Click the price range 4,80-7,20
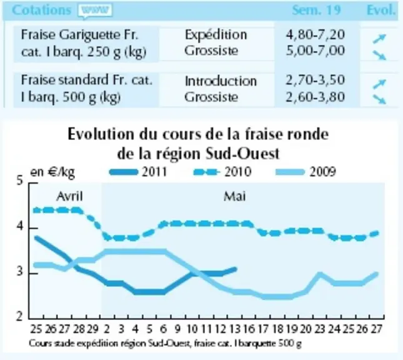coord(316,35)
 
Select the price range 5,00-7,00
coord(316,51)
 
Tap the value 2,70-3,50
coord(316,80)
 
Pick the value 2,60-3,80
coord(316,97)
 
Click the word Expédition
coord(216,35)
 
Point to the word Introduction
coord(221,81)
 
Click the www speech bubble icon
coord(96,11)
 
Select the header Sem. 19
coord(316,11)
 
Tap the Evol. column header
coord(381,11)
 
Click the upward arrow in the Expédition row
coord(379,38)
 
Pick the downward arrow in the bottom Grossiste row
coord(379,99)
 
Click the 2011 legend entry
coord(138,172)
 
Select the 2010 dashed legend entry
coord(222,172)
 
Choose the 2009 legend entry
coord(306,172)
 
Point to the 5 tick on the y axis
coord(20,181)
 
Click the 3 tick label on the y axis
coord(20,271)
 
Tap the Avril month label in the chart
coord(69,196)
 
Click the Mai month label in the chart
coord(235,196)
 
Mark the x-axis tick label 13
coord(234,329)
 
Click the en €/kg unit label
coord(52,172)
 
